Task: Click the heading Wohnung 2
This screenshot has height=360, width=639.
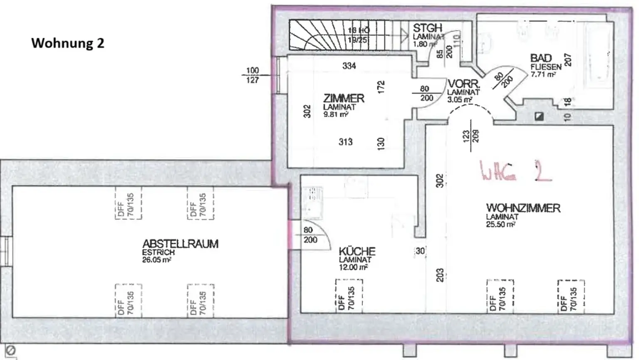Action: (68, 43)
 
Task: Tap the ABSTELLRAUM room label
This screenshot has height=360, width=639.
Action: (180, 244)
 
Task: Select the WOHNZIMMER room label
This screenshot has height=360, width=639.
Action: (523, 208)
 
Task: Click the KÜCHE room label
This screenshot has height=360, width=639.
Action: (357, 252)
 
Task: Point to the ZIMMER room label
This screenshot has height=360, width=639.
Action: (344, 99)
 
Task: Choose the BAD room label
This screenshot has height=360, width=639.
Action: (541, 58)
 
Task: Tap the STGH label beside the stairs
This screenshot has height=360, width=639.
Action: (427, 28)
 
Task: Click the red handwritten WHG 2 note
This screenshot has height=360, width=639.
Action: (516, 171)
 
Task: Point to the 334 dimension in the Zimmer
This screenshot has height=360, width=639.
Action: (349, 66)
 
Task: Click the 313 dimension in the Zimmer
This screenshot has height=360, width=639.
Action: (345, 142)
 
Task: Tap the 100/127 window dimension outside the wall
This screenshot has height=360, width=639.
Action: (252, 75)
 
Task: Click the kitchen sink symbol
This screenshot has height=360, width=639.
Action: (313, 202)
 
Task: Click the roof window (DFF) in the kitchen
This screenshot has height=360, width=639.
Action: (349, 296)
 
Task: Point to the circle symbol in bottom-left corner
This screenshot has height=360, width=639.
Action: (11, 350)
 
